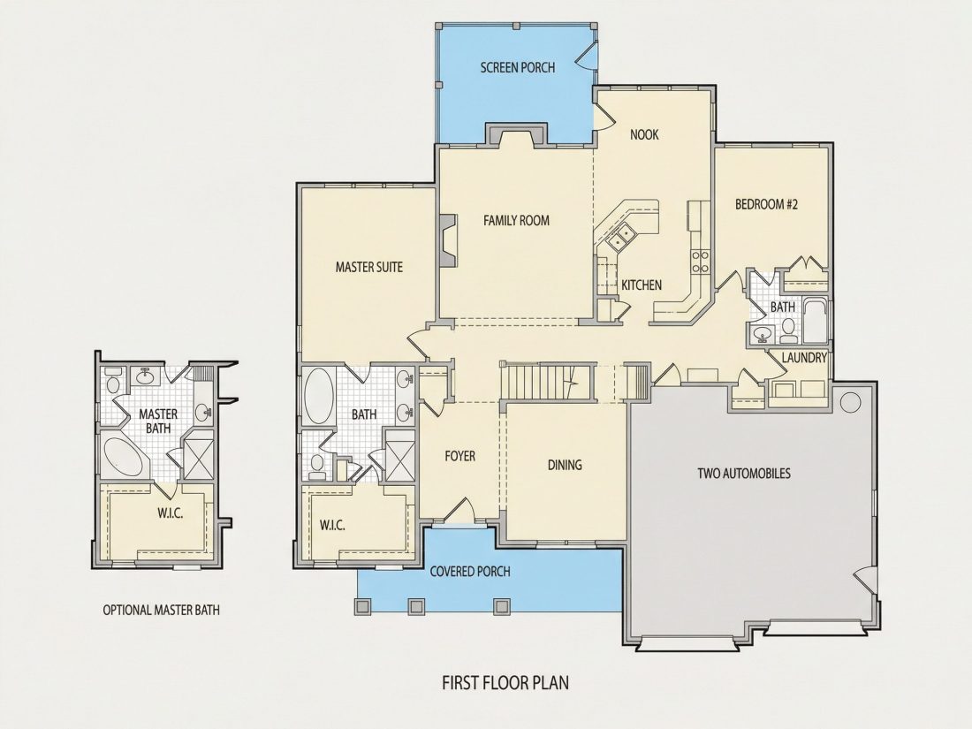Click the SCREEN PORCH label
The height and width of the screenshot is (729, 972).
click(x=518, y=67)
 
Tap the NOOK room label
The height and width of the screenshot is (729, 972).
click(x=644, y=134)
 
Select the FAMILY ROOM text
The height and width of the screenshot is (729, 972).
click(x=516, y=220)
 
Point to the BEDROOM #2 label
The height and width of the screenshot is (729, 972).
click(x=766, y=204)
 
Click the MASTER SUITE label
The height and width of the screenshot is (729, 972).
click(x=368, y=267)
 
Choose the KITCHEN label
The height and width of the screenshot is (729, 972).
click(x=642, y=285)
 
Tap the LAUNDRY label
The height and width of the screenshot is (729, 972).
click(x=804, y=358)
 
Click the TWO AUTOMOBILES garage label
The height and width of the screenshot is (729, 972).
click(x=744, y=474)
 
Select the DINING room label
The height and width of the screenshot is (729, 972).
click(x=565, y=464)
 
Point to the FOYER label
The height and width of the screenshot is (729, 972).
click(x=460, y=456)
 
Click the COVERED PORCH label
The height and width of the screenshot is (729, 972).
click(x=470, y=571)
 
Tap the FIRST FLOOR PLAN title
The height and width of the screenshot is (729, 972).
click(x=505, y=682)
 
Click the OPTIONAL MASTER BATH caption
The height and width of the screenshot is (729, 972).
click(x=161, y=610)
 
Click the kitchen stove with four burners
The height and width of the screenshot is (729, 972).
click(x=701, y=261)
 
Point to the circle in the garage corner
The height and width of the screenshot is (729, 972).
click(x=850, y=402)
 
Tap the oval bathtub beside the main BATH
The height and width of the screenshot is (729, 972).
click(x=319, y=397)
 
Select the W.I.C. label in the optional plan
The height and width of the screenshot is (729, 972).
click(x=170, y=513)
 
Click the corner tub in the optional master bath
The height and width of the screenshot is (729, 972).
click(x=124, y=458)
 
